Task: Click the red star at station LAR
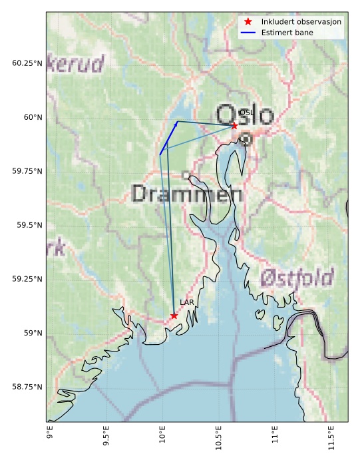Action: [174, 316]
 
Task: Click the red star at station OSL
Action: [234, 125]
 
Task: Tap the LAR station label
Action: [187, 302]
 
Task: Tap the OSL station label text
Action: [246, 113]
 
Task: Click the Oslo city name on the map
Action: [245, 115]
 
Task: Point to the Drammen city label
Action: [187, 194]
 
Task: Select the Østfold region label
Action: [297, 278]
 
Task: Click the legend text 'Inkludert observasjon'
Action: [301, 22]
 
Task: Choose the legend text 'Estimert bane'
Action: [287, 32]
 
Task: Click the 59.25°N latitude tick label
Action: [27, 279]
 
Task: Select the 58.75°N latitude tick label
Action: [27, 387]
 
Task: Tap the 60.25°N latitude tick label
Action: [27, 63]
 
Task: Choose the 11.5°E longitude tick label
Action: [332, 439]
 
